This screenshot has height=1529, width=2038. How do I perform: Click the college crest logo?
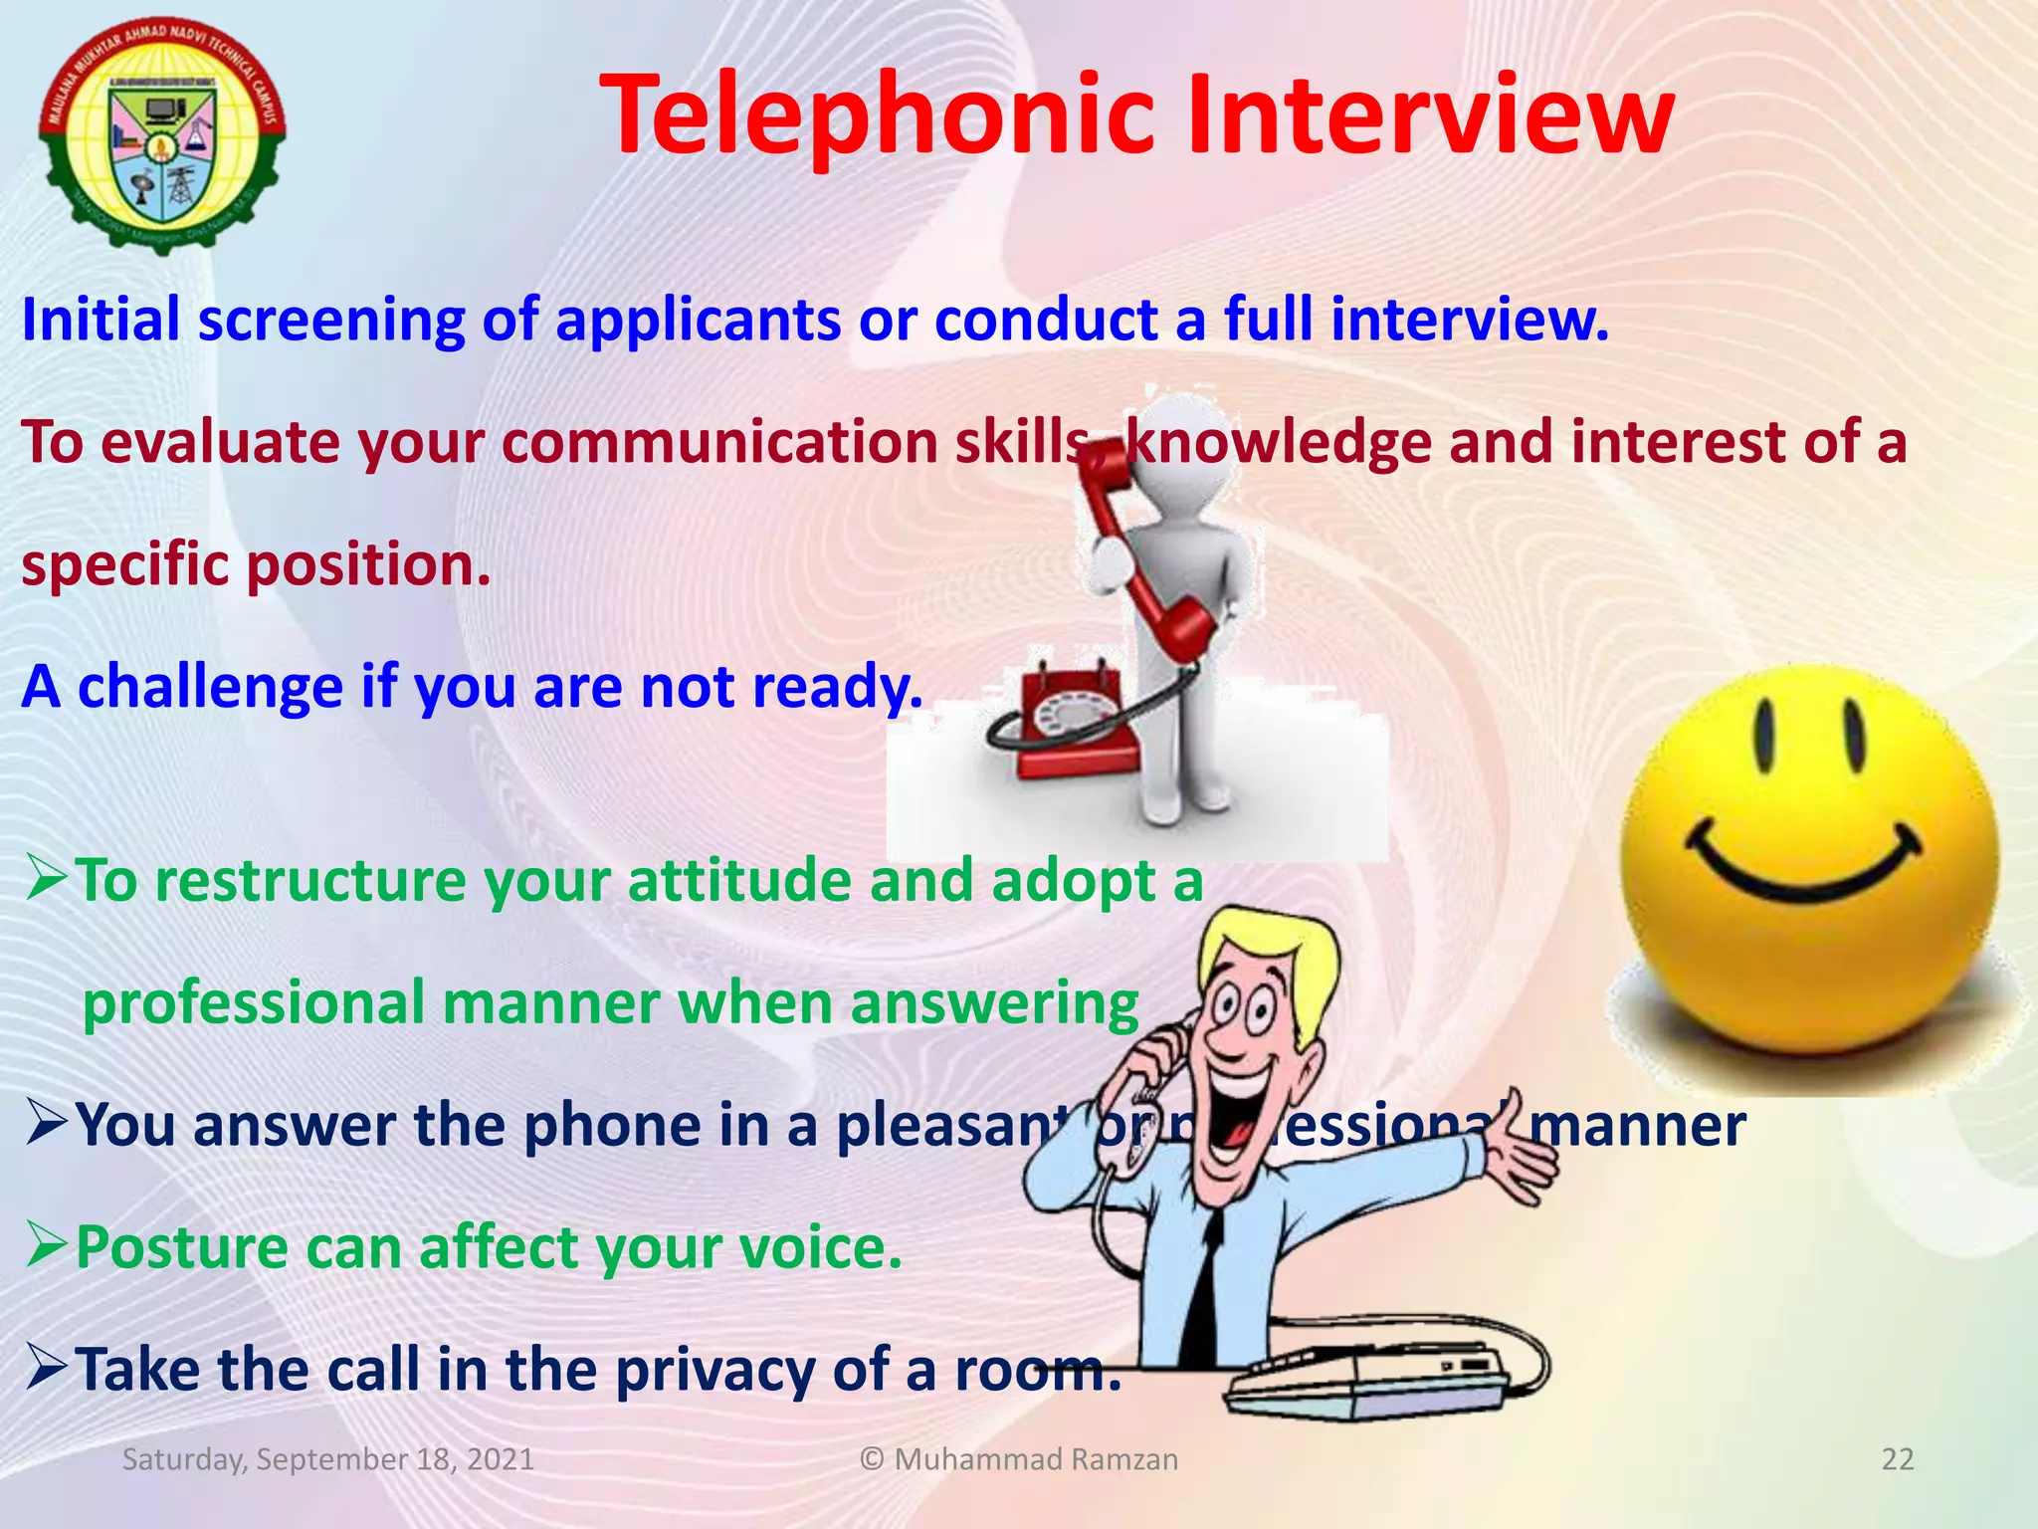pyautogui.click(x=162, y=133)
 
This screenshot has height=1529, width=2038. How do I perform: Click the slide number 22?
pyautogui.click(x=1898, y=1459)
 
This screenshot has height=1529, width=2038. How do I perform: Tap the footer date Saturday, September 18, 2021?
pyautogui.click(x=328, y=1459)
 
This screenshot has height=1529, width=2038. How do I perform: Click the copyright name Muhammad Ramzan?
pyautogui.click(x=1035, y=1459)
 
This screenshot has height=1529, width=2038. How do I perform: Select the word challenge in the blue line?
pyautogui.click(x=210, y=687)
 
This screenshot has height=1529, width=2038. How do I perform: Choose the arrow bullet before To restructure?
pyautogui.click(x=46, y=879)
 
